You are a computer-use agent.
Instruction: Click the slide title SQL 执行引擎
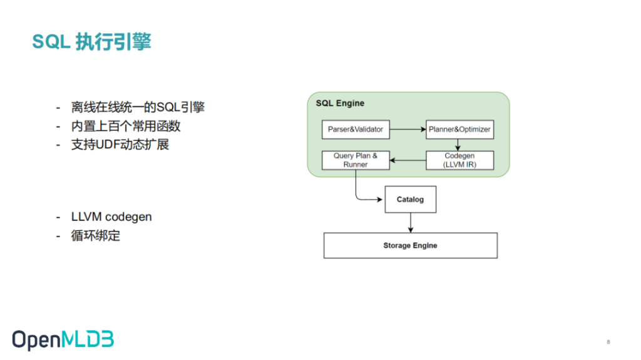[x=92, y=42]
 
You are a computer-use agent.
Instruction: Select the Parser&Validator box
[x=356, y=129]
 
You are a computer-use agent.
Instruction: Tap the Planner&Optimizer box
[x=460, y=129]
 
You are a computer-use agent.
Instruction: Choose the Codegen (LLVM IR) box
[x=460, y=160]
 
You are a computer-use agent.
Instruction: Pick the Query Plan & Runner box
[x=356, y=160]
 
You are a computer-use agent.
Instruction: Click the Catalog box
[x=411, y=199]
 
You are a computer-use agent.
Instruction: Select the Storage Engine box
[x=411, y=245]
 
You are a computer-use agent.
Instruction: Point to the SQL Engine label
[x=340, y=103]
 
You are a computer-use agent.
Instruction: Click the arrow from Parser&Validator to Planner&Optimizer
[x=408, y=129]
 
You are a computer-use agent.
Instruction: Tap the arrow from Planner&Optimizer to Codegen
[x=458, y=145]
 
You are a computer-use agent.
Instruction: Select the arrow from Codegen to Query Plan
[x=408, y=160]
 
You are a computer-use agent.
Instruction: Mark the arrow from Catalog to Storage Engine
[x=411, y=222]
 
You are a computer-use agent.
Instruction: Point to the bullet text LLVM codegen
[x=111, y=217]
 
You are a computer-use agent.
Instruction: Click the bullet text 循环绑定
[x=96, y=235]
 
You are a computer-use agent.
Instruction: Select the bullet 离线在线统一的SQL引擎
[x=138, y=107]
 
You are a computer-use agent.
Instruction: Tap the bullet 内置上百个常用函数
[x=126, y=126]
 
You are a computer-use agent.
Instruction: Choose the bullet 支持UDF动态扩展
[x=120, y=145]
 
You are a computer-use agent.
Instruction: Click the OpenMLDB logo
[x=63, y=340]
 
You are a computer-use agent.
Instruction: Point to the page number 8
[x=608, y=342]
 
